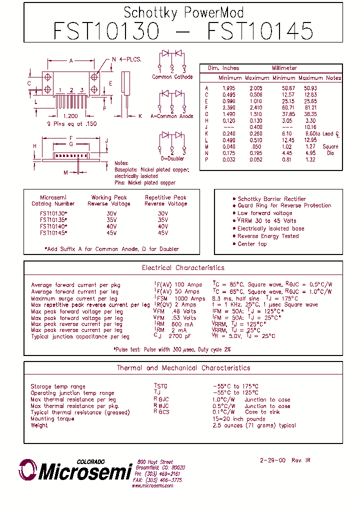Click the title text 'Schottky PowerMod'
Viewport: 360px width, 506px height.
(x=183, y=12)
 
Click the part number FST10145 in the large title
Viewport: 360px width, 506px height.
(x=260, y=31)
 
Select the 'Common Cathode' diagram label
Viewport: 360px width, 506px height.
(x=172, y=77)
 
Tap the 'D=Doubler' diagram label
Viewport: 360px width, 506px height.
(x=172, y=158)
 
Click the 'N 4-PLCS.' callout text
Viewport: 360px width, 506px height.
(x=126, y=59)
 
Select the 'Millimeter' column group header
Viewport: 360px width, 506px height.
(x=284, y=68)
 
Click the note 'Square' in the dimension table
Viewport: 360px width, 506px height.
(x=330, y=147)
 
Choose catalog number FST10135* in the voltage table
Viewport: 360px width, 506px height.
(x=53, y=220)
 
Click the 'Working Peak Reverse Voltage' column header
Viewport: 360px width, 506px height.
(x=108, y=200)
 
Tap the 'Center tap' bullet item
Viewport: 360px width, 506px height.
(x=252, y=244)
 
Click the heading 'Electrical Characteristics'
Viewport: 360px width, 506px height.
(x=183, y=268)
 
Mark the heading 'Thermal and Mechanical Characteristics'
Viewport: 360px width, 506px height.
(x=183, y=368)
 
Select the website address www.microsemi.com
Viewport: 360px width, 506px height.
(x=152, y=485)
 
